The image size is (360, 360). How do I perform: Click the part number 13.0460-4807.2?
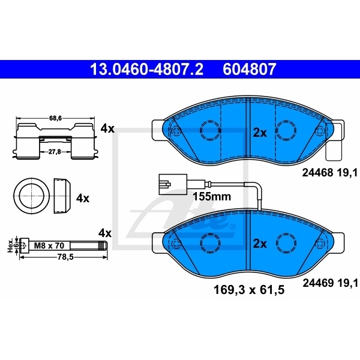click(146, 70)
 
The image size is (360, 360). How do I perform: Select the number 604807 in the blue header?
click(250, 70)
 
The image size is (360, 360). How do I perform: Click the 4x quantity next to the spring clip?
click(107, 128)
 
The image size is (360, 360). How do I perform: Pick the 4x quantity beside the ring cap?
click(82, 197)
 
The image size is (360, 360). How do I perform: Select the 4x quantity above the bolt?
click(105, 232)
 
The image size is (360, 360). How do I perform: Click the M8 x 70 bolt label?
click(48, 245)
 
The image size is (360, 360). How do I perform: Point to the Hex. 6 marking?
click(10, 245)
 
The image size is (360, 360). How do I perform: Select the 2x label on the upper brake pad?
click(259, 133)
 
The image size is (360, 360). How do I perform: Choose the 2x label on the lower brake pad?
click(259, 244)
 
